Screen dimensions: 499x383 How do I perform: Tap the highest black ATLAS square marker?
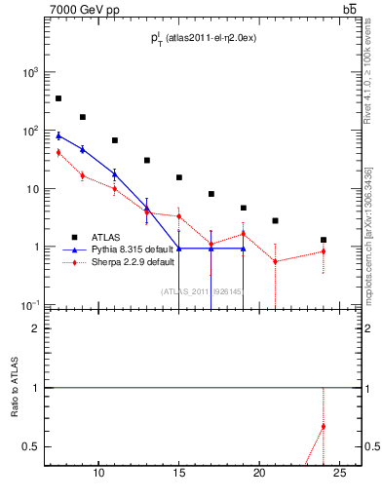[58, 98]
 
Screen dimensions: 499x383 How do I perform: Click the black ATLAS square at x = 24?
[324, 240]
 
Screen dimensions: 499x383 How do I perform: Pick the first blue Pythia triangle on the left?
[58, 135]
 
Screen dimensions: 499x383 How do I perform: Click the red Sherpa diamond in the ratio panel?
[324, 426]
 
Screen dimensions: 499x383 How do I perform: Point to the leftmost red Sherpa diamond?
[58, 152]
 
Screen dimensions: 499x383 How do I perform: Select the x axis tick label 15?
[179, 473]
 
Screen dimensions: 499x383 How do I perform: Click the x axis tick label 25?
[339, 473]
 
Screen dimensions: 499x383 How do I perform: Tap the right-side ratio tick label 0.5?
[370, 446]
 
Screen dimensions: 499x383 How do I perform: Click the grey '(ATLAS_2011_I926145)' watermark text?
[200, 290]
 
